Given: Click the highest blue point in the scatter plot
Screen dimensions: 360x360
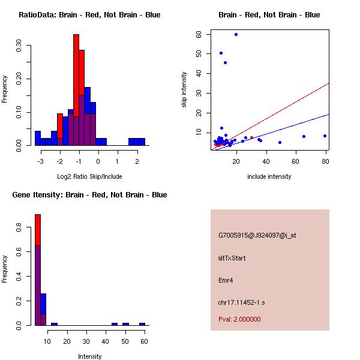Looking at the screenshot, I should click(x=236, y=34).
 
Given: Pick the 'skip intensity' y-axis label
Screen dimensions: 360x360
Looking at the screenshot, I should click(x=185, y=90).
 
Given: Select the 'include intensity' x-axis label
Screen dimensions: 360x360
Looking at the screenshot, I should click(x=269, y=176).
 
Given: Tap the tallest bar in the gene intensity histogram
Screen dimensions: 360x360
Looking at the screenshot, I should click(x=37, y=270).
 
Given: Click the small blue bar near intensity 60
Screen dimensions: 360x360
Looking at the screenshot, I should click(x=142, y=324).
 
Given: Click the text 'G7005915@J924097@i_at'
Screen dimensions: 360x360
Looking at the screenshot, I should click(x=257, y=235).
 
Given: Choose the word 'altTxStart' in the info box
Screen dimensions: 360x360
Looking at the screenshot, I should click(x=232, y=258).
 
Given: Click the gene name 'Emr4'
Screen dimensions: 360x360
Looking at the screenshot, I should click(x=226, y=280).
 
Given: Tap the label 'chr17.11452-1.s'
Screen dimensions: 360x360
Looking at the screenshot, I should click(x=241, y=302).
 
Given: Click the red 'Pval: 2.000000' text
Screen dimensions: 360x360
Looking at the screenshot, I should click(x=239, y=319).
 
